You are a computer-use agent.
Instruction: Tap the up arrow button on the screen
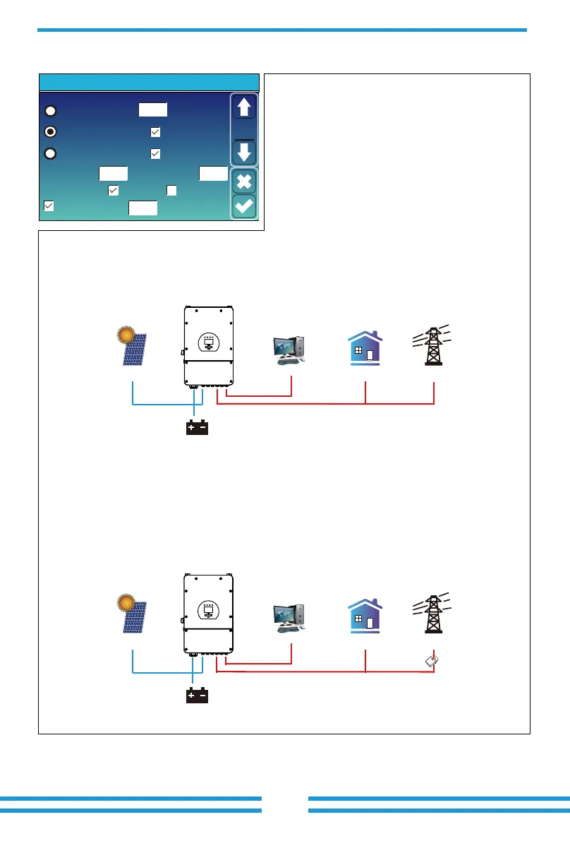[244, 108]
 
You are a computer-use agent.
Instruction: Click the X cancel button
[244, 181]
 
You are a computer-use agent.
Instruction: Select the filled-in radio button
[51, 131]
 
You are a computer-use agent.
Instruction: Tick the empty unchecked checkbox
[171, 190]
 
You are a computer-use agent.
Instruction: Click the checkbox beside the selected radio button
[155, 131]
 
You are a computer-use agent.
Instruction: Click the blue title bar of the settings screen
[149, 82]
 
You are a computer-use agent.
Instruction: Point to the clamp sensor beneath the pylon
[432, 660]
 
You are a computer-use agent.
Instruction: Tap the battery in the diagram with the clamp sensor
[197, 696]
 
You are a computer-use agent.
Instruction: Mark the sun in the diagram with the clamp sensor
[127, 604]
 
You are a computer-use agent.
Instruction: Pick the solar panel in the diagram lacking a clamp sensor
[135, 350]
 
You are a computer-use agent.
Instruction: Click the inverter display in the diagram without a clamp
[208, 342]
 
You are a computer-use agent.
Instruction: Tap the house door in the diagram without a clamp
[371, 354]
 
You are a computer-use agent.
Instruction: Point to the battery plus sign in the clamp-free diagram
[191, 428]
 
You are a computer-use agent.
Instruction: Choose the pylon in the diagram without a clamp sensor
[432, 345]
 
